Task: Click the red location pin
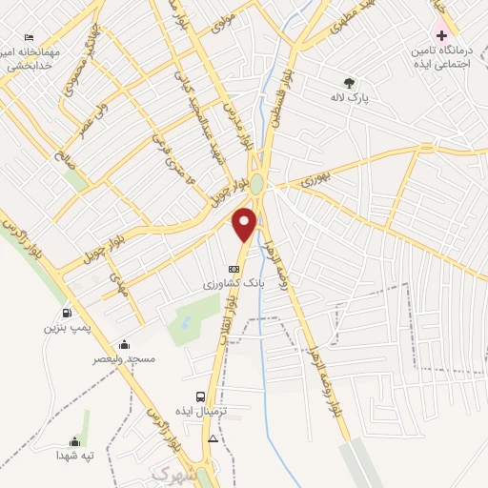pos(245,223)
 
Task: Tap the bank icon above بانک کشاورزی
pos(234,269)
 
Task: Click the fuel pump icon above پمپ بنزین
pos(66,313)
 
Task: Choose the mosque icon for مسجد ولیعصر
pos(124,344)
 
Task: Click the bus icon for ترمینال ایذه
pos(200,396)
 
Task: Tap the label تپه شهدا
pos(74,455)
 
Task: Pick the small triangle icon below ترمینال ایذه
pos(213,439)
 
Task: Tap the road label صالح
pos(66,153)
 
